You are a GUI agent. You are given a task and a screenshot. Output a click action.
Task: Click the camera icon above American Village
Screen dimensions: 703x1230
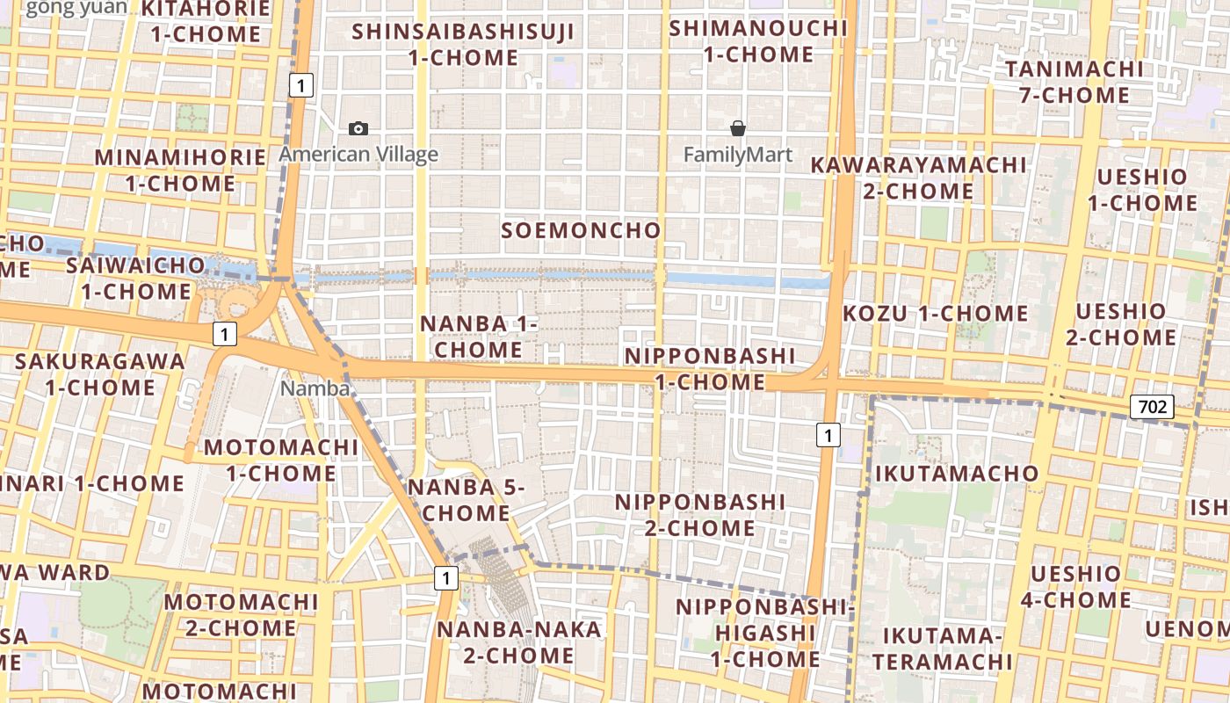pos(358,129)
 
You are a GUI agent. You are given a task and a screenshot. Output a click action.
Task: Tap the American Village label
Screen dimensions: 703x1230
pos(358,156)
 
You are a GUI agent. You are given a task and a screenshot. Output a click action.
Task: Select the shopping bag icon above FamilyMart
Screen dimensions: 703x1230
pos(738,129)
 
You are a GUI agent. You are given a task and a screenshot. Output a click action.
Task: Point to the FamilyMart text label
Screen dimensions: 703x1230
pos(738,156)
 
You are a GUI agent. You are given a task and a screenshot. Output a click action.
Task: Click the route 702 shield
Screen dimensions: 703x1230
pos(1151,406)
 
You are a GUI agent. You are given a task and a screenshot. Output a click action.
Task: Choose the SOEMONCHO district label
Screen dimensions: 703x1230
pos(581,230)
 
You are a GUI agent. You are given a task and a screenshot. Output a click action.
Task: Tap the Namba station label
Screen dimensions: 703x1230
pos(315,388)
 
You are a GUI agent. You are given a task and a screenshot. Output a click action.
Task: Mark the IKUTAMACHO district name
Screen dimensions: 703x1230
pos(957,474)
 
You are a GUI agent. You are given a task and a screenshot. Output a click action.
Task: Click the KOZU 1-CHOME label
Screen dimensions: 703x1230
pos(936,314)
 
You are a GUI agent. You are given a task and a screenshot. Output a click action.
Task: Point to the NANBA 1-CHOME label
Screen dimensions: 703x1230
pos(479,336)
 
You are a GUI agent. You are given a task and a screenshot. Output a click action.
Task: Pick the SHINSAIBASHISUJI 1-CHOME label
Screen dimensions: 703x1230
pos(463,45)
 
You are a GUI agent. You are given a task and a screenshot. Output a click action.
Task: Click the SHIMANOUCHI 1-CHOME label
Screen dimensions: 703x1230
pos(758,40)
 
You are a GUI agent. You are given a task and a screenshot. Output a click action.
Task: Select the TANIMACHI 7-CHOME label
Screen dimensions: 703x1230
pos(1074,82)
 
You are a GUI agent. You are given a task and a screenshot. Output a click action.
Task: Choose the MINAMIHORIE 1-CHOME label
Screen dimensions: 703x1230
pos(180,170)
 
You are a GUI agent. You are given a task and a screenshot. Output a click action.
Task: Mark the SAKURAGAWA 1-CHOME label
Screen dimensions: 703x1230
pos(100,373)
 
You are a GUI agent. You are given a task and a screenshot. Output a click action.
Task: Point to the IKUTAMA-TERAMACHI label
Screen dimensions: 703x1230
pos(943,648)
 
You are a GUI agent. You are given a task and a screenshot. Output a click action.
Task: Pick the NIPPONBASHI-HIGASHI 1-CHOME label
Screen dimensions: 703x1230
pos(764,633)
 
